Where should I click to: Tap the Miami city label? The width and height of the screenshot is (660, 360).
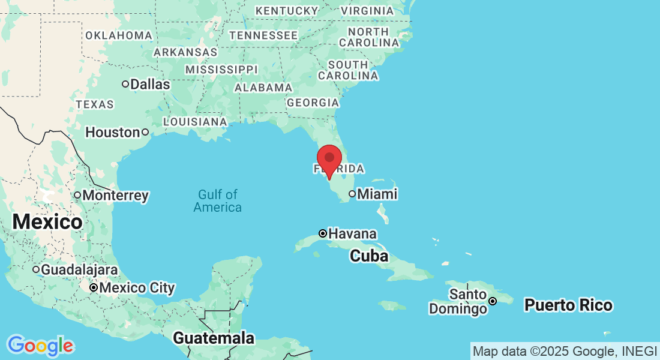(x=377, y=194)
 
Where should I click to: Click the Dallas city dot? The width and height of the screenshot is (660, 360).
(x=125, y=84)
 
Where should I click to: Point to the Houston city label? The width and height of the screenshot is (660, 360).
(x=112, y=132)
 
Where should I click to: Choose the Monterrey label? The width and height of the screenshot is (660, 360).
(x=115, y=196)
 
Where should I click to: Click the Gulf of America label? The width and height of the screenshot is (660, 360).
(x=218, y=201)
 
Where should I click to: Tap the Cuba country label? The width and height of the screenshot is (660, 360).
(x=369, y=256)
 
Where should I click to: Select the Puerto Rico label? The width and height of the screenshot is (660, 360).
(x=568, y=305)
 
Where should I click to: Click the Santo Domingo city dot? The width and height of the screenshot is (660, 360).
(x=493, y=301)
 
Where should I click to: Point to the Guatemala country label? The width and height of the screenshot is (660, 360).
(x=214, y=338)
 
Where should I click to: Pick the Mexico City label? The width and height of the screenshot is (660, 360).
(x=137, y=288)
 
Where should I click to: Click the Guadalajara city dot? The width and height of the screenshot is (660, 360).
(x=36, y=269)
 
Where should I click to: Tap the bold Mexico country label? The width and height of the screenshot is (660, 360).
(x=47, y=222)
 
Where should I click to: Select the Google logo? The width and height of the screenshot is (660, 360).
(x=40, y=346)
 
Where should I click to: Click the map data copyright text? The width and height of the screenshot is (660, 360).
(x=565, y=351)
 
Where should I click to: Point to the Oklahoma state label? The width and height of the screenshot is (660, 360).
(x=119, y=35)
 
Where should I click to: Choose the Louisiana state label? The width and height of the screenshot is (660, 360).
(x=195, y=122)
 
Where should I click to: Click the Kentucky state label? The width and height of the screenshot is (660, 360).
(x=287, y=11)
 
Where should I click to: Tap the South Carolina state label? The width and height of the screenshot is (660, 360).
(x=348, y=70)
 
